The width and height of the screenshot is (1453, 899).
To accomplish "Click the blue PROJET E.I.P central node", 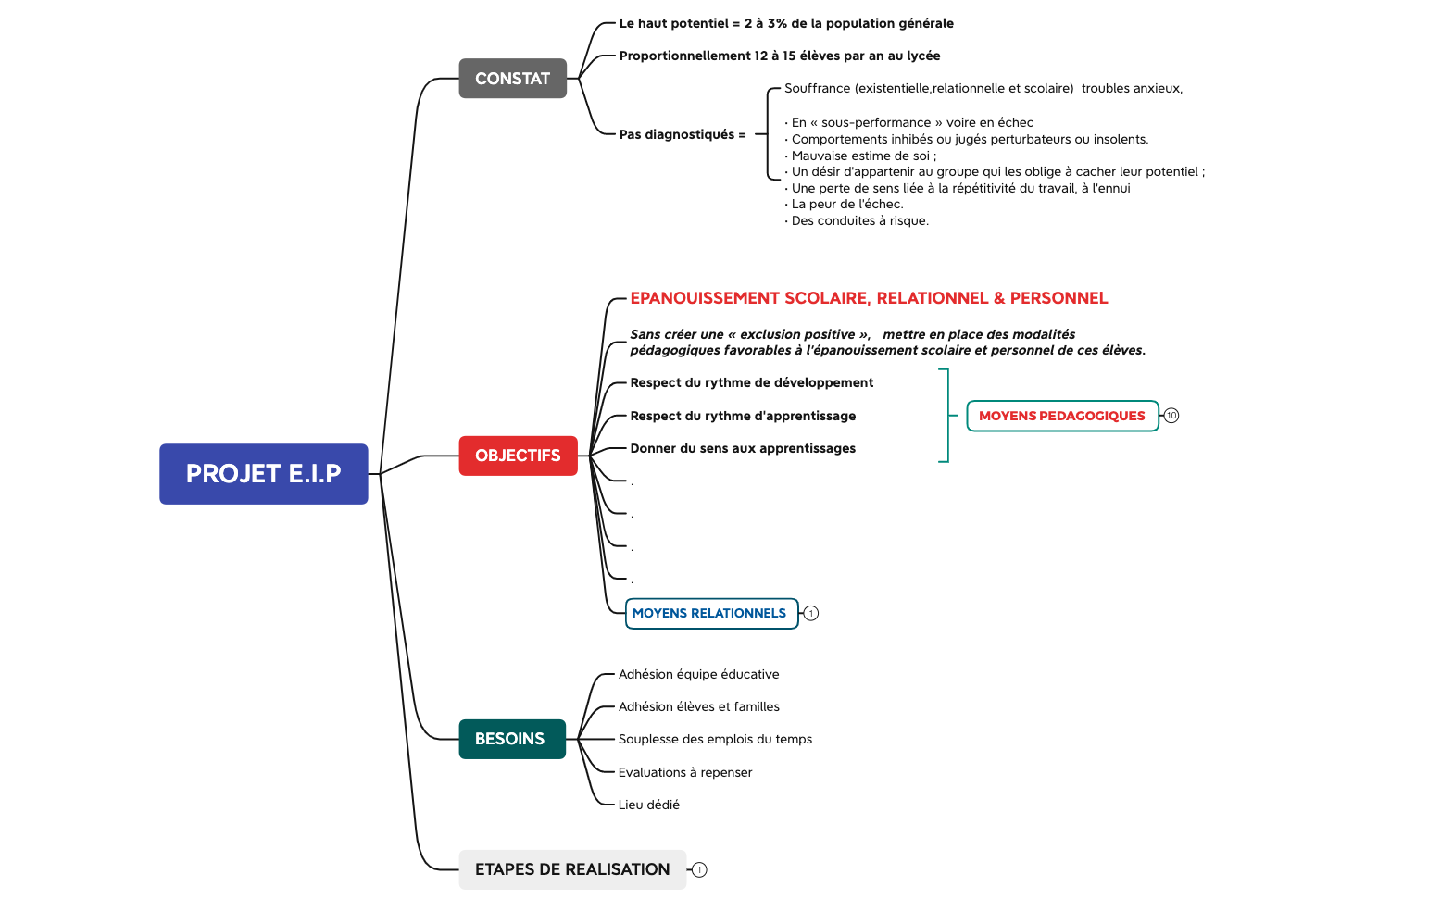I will click(263, 474).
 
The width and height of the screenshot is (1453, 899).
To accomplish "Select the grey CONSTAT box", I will click(512, 79).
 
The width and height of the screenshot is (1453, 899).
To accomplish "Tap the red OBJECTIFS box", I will click(518, 456).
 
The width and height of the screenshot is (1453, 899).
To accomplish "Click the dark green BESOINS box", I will click(511, 739).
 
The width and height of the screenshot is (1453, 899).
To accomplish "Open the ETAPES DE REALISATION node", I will click(571, 869).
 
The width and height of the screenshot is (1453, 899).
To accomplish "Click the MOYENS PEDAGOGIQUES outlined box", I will click(1061, 416).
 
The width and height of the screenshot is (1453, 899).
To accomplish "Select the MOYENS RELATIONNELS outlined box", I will click(710, 613).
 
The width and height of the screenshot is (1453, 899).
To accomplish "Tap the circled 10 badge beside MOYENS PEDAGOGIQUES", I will click(1171, 416).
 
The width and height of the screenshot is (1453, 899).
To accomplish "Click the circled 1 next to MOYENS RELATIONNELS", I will click(811, 613).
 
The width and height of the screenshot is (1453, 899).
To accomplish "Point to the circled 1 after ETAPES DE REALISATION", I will click(699, 869).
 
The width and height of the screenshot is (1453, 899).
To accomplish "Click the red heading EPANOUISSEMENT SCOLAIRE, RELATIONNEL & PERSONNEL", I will click(868, 298).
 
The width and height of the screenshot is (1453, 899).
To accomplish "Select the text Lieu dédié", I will click(648, 805).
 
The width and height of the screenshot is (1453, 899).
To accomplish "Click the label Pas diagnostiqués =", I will click(682, 134).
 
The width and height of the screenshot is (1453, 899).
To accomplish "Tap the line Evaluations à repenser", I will click(684, 772).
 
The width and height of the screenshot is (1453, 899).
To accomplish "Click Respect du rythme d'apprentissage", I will click(742, 416).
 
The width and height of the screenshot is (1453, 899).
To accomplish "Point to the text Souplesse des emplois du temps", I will click(714, 739).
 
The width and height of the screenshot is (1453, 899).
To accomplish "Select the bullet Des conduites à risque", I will click(858, 220).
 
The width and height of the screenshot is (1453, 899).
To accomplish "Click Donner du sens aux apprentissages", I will click(742, 448).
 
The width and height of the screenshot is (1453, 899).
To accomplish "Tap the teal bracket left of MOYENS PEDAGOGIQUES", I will click(945, 416).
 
